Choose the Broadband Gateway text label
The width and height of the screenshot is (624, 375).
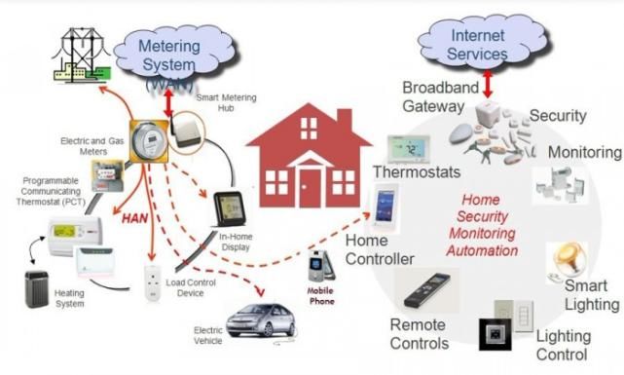click(x=441, y=96)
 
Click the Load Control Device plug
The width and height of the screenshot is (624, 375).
click(x=153, y=282)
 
